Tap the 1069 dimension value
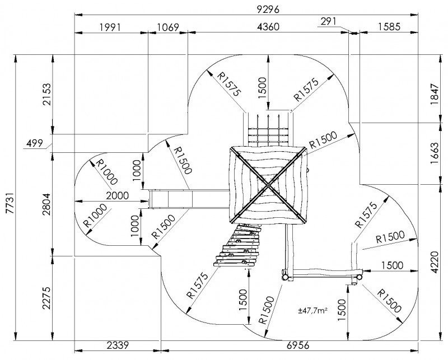[168, 27]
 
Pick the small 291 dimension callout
[329, 21]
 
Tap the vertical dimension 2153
[46, 94]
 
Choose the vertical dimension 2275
[46, 298]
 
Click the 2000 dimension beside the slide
[116, 195]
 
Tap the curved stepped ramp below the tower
[239, 246]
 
